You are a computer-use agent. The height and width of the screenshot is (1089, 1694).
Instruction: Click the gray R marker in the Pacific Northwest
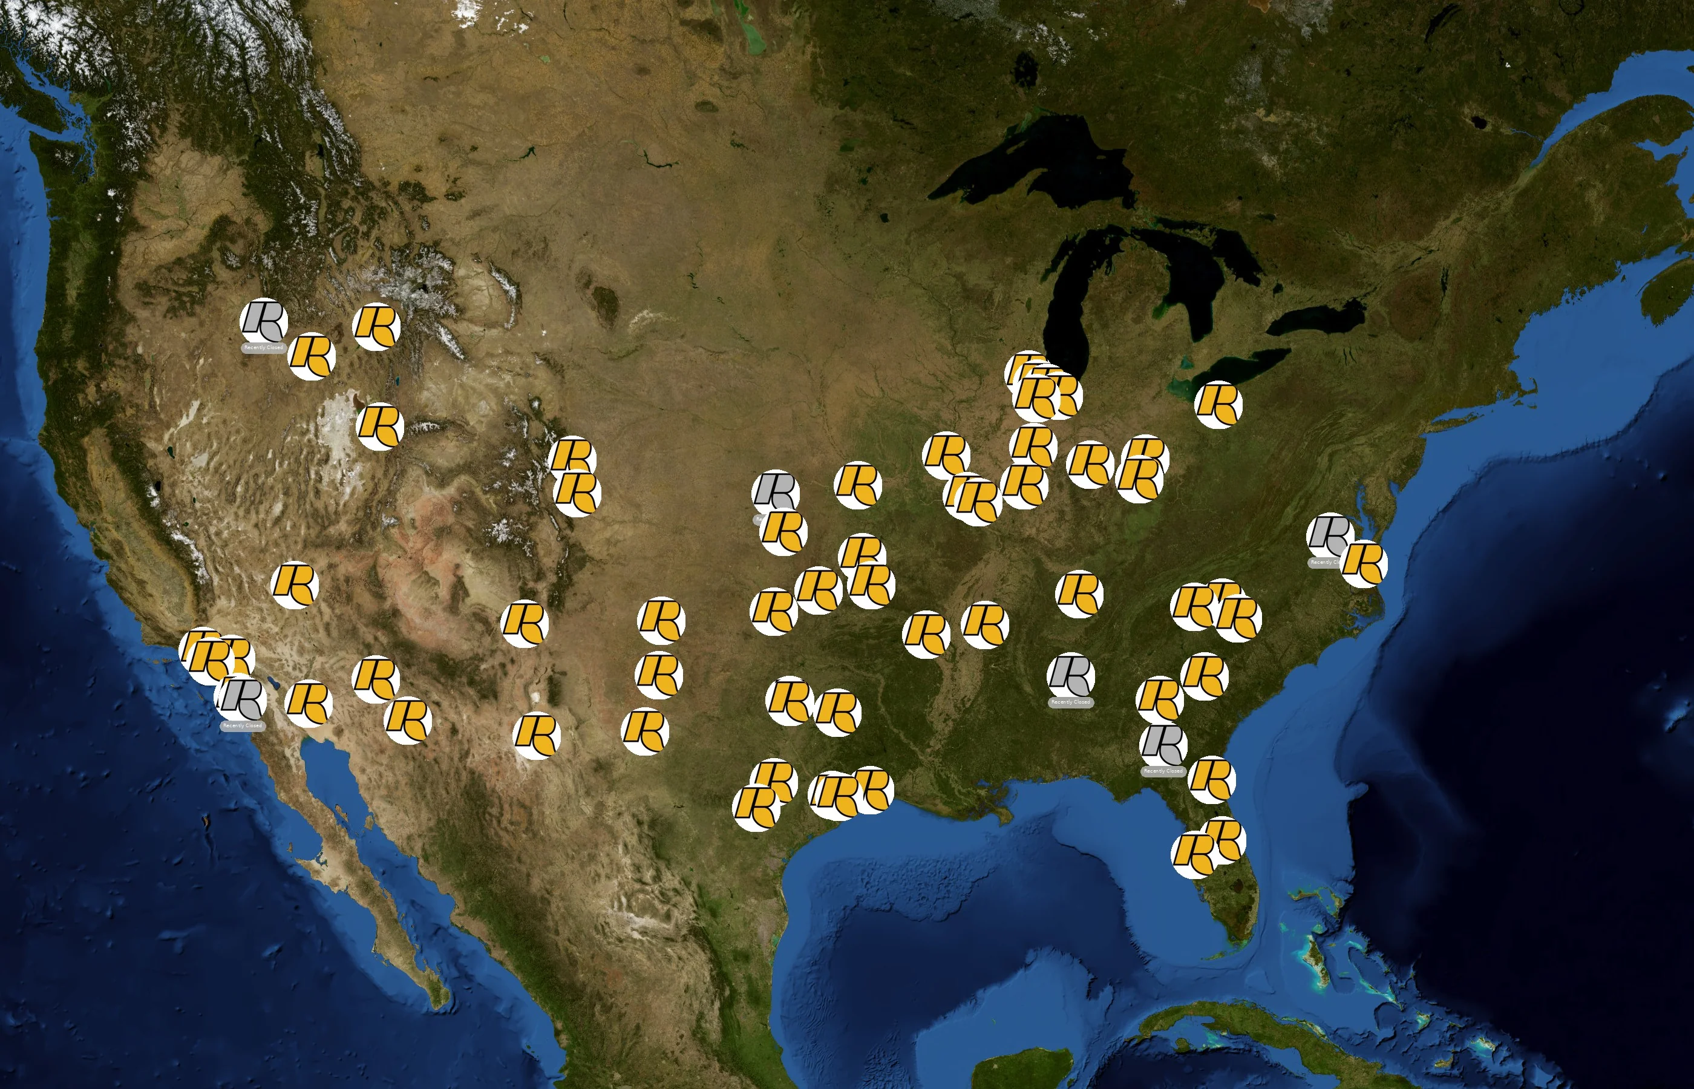pyautogui.click(x=264, y=321)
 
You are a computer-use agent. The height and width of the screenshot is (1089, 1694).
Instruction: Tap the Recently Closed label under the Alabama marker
pyautogui.click(x=1070, y=702)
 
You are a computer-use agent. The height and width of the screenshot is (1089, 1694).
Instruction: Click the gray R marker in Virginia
pyautogui.click(x=1329, y=535)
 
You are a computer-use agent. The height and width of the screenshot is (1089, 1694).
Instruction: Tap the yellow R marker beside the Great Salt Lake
pyautogui.click(x=380, y=427)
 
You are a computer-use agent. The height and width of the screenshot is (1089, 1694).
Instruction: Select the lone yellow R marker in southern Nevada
pyautogui.click(x=295, y=585)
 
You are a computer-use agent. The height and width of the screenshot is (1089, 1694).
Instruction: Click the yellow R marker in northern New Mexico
pyautogui.click(x=524, y=623)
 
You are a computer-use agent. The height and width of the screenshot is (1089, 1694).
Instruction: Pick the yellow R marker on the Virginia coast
pyautogui.click(x=1364, y=564)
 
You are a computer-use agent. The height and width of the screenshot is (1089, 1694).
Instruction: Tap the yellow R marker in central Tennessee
pyautogui.click(x=1079, y=594)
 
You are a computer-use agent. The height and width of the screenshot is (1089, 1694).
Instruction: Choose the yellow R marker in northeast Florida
pyautogui.click(x=1211, y=779)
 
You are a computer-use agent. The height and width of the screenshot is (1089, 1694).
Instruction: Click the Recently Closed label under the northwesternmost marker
pyautogui.click(x=264, y=348)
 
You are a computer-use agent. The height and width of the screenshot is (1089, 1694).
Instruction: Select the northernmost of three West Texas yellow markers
pyautogui.click(x=661, y=620)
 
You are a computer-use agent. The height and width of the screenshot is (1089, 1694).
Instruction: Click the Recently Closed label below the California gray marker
pyautogui.click(x=243, y=725)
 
